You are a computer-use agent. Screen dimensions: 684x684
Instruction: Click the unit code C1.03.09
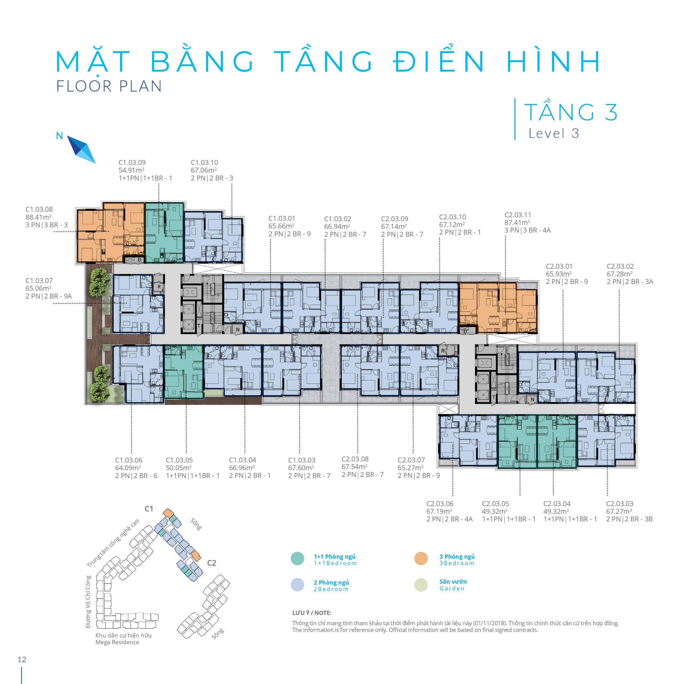pyautogui.click(x=132, y=162)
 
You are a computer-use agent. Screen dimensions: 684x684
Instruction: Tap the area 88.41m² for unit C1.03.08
pyautogui.click(x=38, y=217)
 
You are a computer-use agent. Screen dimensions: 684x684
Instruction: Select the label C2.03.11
pyautogui.click(x=518, y=215)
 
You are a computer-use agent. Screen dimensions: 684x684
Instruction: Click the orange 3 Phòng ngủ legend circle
pyautogui.click(x=421, y=558)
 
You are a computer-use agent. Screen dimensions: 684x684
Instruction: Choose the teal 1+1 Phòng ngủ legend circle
pyautogui.click(x=297, y=558)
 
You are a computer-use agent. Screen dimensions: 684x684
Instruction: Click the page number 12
pyautogui.click(x=22, y=659)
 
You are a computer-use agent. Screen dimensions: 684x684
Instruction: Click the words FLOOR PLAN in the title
pyautogui.click(x=109, y=86)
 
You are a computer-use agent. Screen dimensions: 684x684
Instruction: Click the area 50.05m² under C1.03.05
pyautogui.click(x=179, y=468)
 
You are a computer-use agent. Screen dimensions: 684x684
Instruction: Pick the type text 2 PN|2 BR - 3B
pyautogui.click(x=629, y=519)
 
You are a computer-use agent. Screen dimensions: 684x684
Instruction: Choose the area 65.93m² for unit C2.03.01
pyautogui.click(x=559, y=274)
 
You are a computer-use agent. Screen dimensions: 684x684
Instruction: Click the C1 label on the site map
pyautogui.click(x=149, y=509)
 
